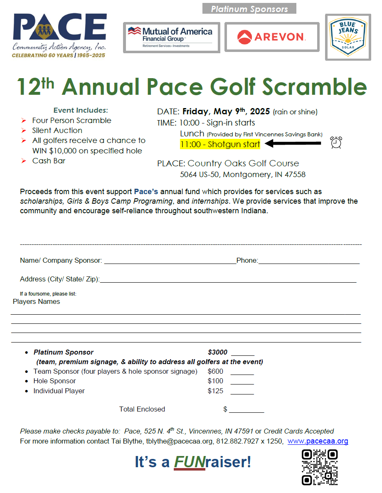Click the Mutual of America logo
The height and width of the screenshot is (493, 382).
[171, 37]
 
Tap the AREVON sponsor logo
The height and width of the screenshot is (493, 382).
[271, 37]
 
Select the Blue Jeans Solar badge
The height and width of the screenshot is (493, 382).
[347, 37]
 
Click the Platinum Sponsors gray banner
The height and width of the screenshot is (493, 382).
[249, 9]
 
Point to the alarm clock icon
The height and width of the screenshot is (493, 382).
[336, 143]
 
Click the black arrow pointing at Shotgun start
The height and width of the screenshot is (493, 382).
[293, 144]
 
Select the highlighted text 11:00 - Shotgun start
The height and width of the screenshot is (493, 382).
[220, 144]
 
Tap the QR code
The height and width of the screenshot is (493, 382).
[319, 467]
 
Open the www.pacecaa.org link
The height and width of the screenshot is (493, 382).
[318, 441]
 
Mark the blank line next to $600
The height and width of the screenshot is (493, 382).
[242, 372]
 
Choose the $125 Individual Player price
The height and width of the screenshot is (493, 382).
[215, 391]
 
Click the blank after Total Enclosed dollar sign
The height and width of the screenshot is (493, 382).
[246, 409]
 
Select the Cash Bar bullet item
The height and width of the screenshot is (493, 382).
[49, 160]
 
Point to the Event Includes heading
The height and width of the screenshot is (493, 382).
[81, 110]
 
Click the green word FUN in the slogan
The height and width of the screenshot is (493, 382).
[190, 462]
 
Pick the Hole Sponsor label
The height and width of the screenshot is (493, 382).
[54, 381]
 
